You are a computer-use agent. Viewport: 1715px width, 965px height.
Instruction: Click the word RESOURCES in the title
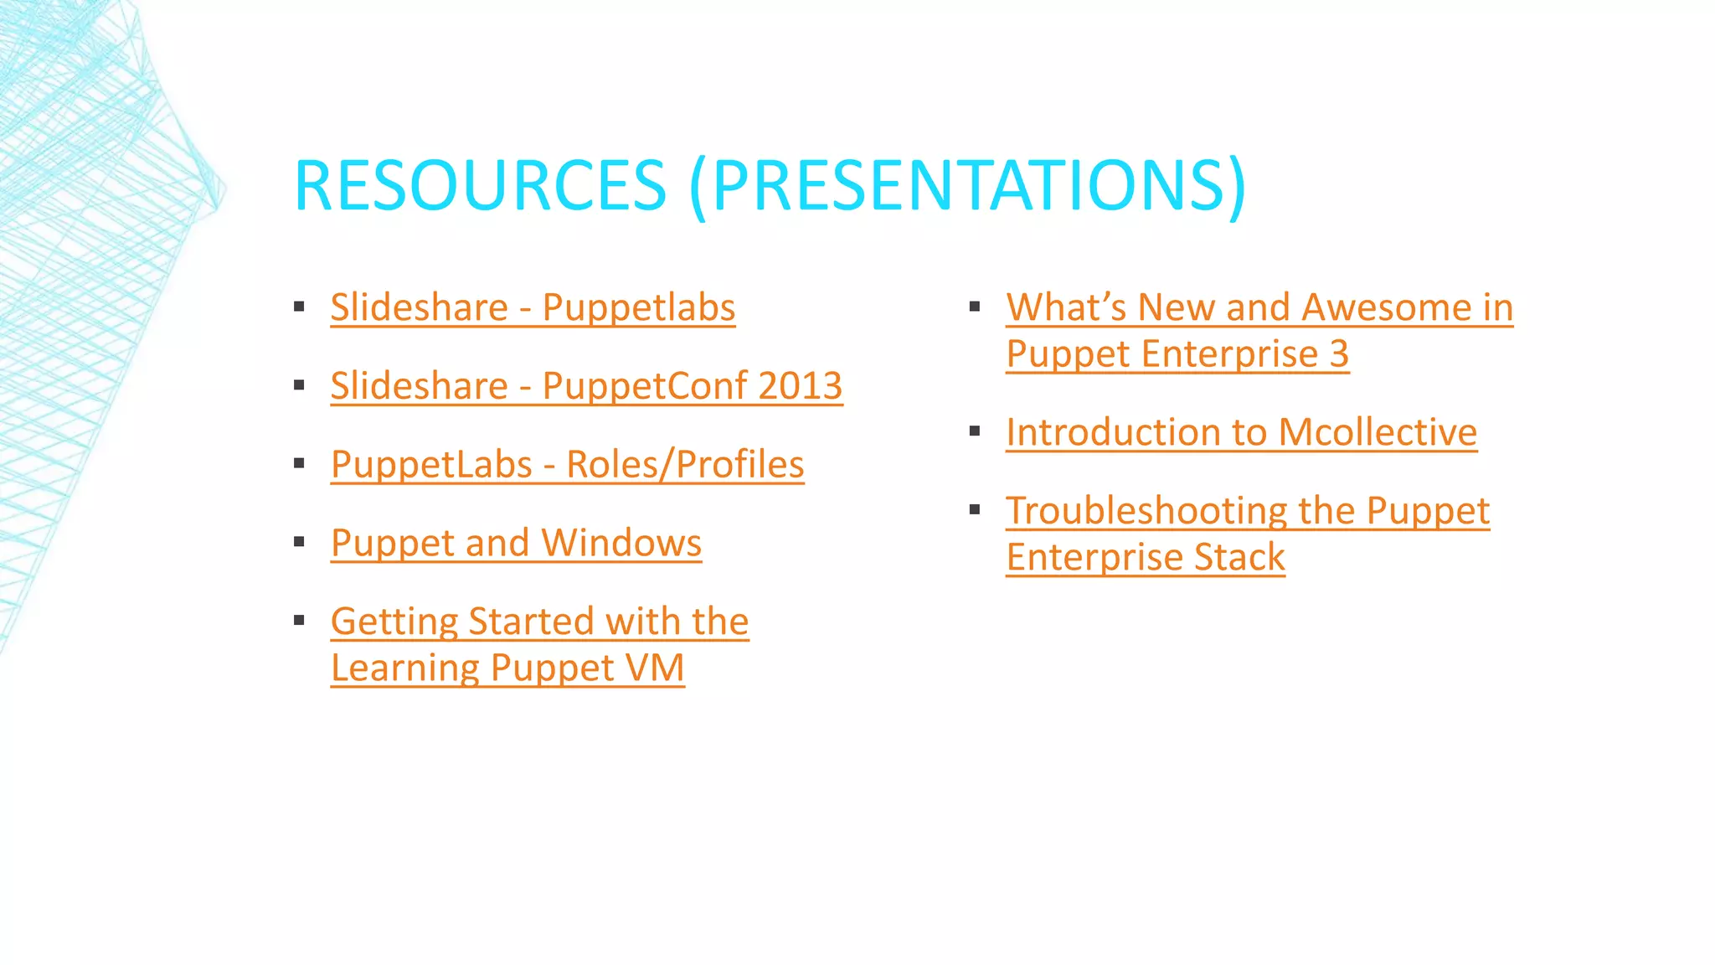(x=480, y=185)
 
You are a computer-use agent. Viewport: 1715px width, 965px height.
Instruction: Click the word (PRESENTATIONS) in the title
(x=968, y=185)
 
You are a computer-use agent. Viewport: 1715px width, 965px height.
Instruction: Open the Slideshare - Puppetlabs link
(x=533, y=307)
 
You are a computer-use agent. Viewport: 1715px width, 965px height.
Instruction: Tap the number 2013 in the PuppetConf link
(x=800, y=386)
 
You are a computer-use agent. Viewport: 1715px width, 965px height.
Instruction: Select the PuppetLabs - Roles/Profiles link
(x=567, y=465)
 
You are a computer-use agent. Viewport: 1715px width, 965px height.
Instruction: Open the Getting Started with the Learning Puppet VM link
(x=539, y=622)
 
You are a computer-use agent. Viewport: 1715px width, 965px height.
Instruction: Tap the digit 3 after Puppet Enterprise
(x=1339, y=353)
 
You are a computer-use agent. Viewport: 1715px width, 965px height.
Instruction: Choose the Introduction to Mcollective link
(x=1241, y=432)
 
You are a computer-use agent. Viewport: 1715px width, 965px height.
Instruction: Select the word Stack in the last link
(x=1239, y=558)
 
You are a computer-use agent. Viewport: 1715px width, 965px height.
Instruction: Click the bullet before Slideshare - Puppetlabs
(x=299, y=307)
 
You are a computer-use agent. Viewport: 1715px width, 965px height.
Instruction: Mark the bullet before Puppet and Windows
(x=299, y=543)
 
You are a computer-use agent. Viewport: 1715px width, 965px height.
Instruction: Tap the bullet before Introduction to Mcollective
(x=975, y=432)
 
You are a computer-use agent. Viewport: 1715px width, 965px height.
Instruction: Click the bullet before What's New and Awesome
(x=975, y=307)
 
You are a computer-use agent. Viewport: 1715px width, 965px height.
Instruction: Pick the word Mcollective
(x=1378, y=432)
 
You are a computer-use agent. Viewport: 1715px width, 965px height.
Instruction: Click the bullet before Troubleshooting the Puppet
(x=975, y=510)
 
